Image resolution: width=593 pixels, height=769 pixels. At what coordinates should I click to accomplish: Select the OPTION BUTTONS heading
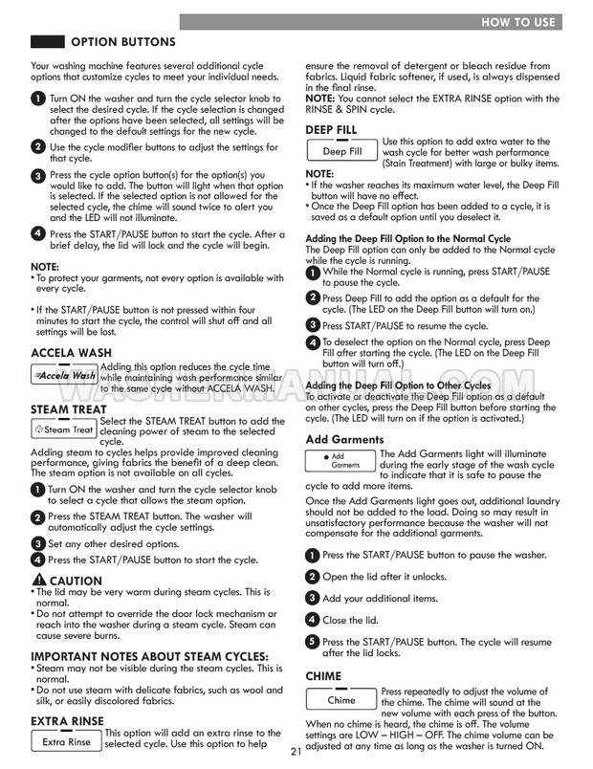point(122,42)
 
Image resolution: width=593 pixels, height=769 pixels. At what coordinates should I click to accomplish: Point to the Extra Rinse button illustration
point(66,741)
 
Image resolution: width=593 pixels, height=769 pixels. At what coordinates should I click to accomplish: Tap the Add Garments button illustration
point(340,461)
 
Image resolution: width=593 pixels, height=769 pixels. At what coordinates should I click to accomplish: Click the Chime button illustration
point(340,700)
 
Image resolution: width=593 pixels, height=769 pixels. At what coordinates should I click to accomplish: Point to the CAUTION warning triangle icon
point(38,580)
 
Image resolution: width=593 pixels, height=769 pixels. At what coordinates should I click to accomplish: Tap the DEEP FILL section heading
point(331,129)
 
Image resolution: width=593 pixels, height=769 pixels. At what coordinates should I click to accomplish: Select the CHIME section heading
point(323,675)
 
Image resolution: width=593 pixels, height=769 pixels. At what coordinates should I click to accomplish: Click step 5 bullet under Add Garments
point(312,642)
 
